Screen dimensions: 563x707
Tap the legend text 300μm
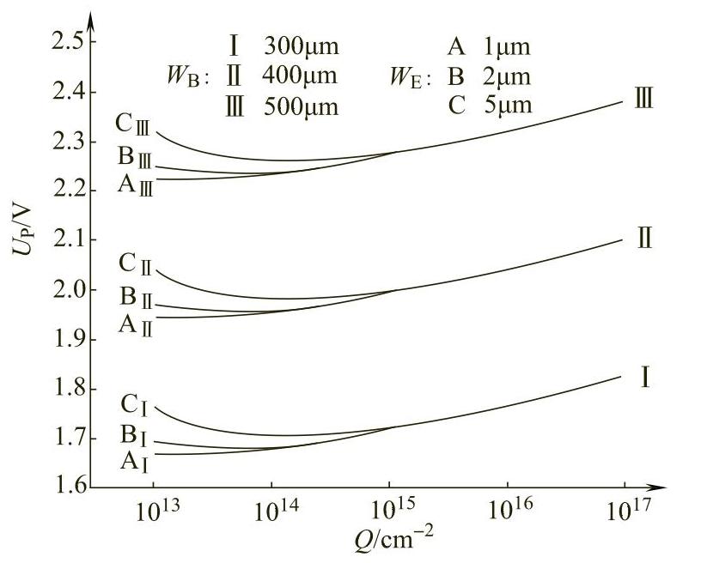point(301,45)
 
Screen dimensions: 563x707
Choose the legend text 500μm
point(301,106)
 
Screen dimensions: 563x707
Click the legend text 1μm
point(507,45)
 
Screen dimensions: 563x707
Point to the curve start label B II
point(136,300)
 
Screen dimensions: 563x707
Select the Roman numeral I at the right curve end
point(644,376)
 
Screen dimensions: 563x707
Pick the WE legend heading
point(410,77)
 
